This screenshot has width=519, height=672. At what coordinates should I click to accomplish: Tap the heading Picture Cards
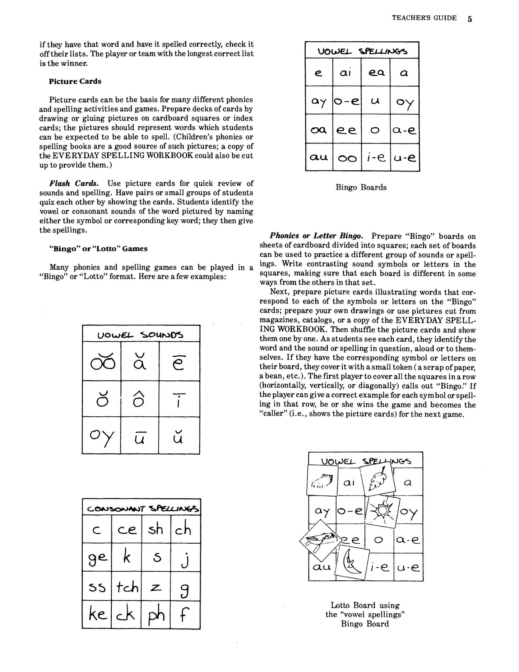pos(75,81)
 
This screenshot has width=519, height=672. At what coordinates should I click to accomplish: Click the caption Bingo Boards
pos(361,187)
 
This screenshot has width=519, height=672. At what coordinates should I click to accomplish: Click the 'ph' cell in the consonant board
pos(156,615)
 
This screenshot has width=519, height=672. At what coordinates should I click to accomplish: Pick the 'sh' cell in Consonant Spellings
pos(156,530)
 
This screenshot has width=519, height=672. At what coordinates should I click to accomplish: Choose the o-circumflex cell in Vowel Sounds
pos(140,399)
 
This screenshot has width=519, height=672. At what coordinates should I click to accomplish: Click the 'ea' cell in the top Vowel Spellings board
pos(376,73)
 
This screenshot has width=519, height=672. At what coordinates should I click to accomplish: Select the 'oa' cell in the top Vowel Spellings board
pos(319,129)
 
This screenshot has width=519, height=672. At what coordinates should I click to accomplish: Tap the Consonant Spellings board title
pos(141,508)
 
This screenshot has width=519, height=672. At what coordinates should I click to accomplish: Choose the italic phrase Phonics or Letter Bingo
pos(316,236)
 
